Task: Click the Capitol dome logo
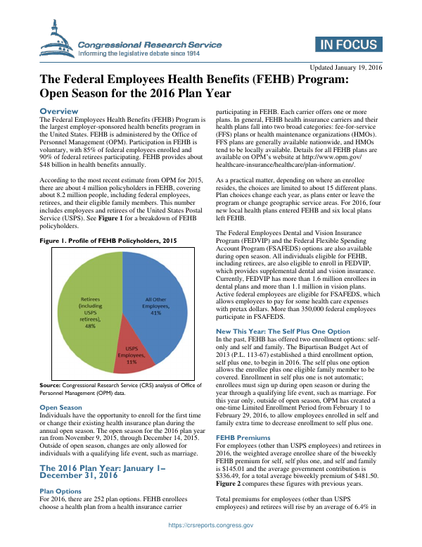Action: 58,42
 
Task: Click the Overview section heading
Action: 59,111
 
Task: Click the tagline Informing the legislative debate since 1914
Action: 139,53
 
